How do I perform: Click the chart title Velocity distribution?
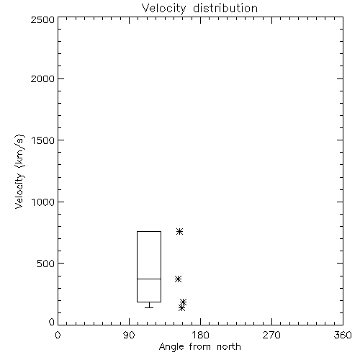pyautogui.click(x=199, y=9)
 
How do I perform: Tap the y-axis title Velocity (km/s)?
pyautogui.click(x=19, y=171)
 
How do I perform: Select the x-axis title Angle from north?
pyautogui.click(x=200, y=346)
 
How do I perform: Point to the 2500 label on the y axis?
pyautogui.click(x=42, y=19)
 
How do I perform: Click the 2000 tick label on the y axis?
pyautogui.click(x=42, y=78)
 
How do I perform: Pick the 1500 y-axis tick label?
pyautogui.click(x=43, y=140)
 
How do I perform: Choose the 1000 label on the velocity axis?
pyautogui.click(x=43, y=202)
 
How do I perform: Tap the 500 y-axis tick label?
pyautogui.click(x=45, y=264)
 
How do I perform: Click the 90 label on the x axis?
pyautogui.click(x=129, y=335)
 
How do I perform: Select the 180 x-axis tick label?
pyautogui.click(x=200, y=335)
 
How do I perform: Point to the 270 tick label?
pyautogui.click(x=271, y=335)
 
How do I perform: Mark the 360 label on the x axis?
pyautogui.click(x=343, y=335)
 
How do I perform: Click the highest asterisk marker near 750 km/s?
pyautogui.click(x=179, y=231)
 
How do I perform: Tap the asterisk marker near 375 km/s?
pyautogui.click(x=178, y=279)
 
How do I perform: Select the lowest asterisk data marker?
pyautogui.click(x=181, y=307)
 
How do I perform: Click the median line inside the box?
pyautogui.click(x=149, y=279)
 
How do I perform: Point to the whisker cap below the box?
pyautogui.click(x=149, y=307)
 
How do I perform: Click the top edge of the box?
pyautogui.click(x=149, y=231)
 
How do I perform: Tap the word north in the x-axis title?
pyautogui.click(x=229, y=346)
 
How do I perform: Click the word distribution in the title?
pyautogui.click(x=225, y=9)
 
